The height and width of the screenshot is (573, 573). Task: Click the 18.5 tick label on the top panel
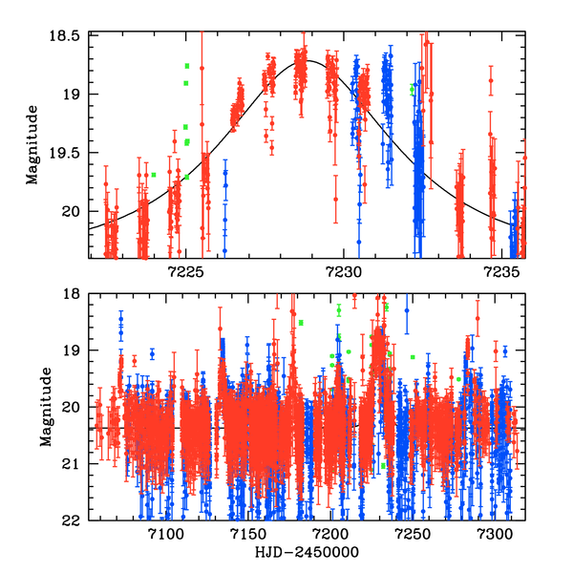pyautogui.click(x=67, y=35)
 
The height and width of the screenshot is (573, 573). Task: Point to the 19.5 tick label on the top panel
pyautogui.click(x=67, y=153)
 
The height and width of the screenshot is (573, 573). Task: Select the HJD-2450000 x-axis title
pyautogui.click(x=307, y=554)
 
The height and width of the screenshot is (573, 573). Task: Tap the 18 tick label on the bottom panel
pyautogui.click(x=74, y=294)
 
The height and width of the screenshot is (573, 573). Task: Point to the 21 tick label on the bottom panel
pyautogui.click(x=74, y=464)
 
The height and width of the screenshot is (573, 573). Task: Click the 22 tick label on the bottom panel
pyautogui.click(x=74, y=521)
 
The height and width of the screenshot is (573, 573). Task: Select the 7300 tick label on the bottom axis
pyautogui.click(x=496, y=536)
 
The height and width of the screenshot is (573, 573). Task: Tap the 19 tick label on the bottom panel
pyautogui.click(x=74, y=350)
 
